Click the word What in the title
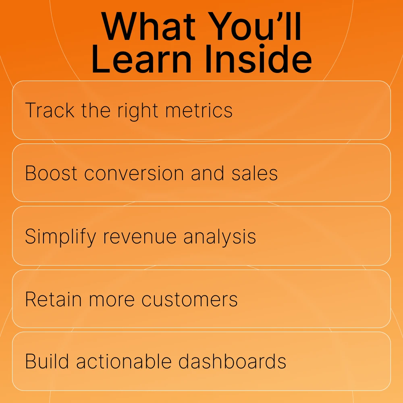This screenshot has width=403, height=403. (149, 27)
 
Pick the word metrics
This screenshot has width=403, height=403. (199, 110)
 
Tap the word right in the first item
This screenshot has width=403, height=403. (138, 111)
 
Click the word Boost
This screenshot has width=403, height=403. (51, 173)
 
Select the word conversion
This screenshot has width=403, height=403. (134, 173)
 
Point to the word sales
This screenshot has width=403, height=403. (254, 173)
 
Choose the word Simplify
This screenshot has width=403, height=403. (60, 237)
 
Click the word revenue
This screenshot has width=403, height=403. (140, 237)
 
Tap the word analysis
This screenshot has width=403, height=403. (220, 237)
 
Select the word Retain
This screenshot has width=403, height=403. (53, 299)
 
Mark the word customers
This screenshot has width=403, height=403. (189, 299)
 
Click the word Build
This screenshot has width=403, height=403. (47, 361)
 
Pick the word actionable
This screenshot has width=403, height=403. (124, 361)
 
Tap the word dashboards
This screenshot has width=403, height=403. (233, 361)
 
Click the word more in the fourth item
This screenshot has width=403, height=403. (112, 300)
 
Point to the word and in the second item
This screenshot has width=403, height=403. (208, 173)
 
